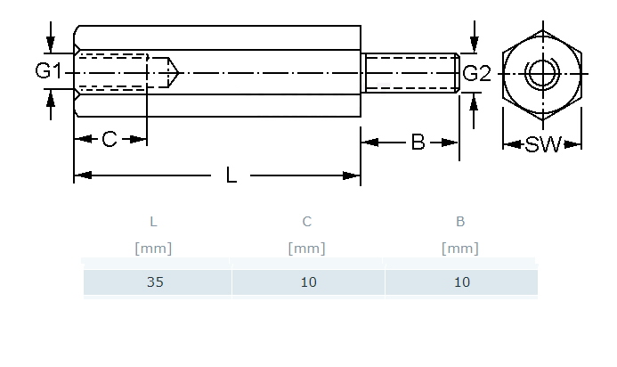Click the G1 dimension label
[x=48, y=71]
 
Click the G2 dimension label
[x=476, y=73]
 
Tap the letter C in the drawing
[x=110, y=140]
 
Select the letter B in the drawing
[x=418, y=142]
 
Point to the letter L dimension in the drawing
[x=231, y=175]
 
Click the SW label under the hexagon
[x=543, y=144]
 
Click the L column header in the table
[x=153, y=222]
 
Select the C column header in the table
[x=307, y=222]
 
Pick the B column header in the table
[x=460, y=222]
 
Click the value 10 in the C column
[x=307, y=282]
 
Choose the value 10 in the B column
[x=460, y=282]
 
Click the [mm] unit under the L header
[x=153, y=249]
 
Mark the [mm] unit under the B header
[x=460, y=249]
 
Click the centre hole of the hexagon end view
[x=541, y=73]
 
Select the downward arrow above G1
[x=51, y=39]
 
